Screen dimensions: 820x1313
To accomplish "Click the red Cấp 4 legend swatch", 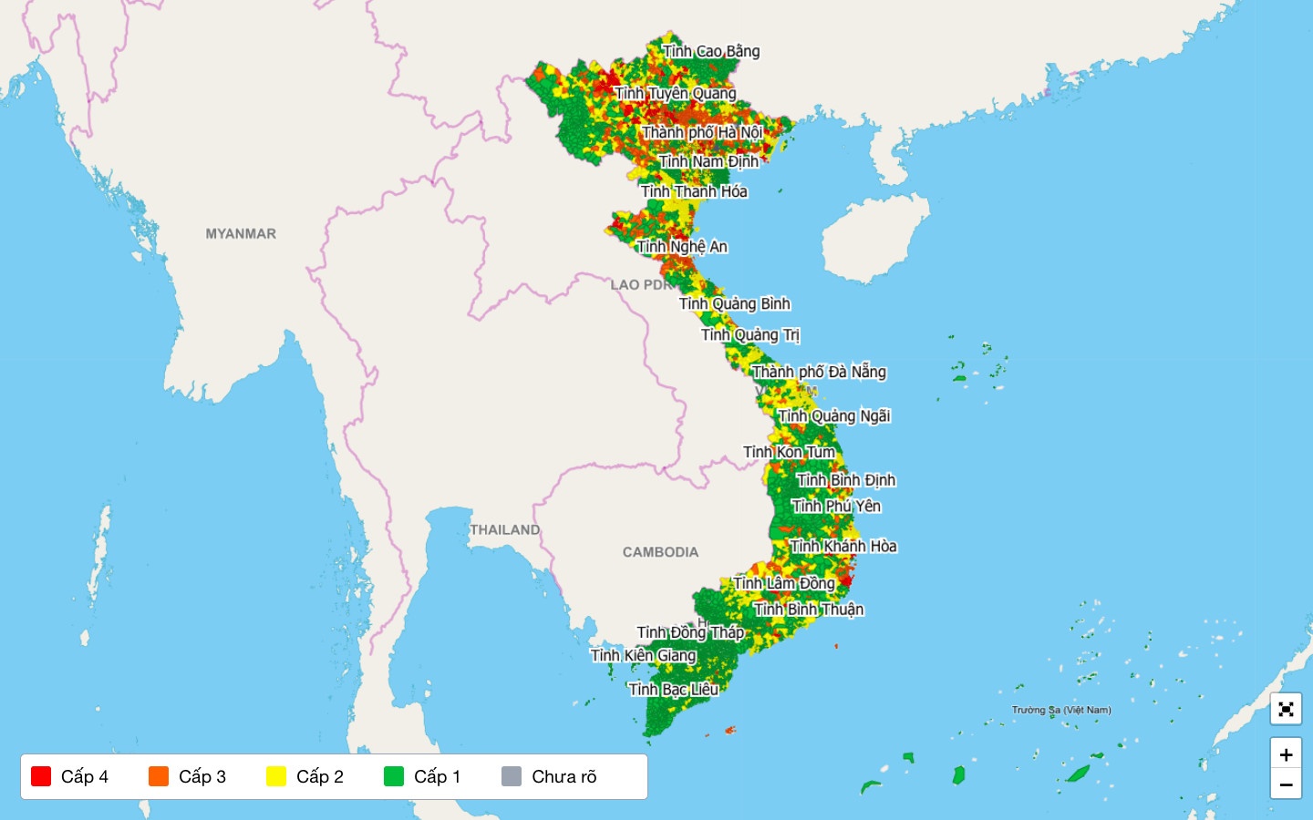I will [x=40, y=776].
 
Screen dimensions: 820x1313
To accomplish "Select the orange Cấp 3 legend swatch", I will [x=159, y=776].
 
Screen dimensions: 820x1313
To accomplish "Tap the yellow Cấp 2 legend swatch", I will [x=275, y=776].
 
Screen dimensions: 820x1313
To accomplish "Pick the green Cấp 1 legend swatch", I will [x=394, y=776].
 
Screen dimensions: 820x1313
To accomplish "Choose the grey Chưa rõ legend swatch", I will [x=512, y=776].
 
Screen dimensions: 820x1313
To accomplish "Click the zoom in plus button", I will [x=1286, y=754].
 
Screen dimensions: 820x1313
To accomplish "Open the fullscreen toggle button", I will [x=1286, y=709].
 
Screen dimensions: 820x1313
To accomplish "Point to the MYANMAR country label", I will [x=241, y=233].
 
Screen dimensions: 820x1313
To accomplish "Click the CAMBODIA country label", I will [x=660, y=552].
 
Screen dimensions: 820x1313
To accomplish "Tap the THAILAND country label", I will [x=505, y=529].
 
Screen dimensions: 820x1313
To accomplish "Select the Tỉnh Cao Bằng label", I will [x=711, y=51].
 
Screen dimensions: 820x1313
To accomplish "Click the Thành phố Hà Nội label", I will [x=702, y=132].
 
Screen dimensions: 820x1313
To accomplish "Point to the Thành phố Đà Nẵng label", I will [x=819, y=372].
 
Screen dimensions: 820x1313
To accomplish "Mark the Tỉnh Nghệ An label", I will [x=682, y=246].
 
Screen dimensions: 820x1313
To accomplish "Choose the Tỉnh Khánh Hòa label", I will [x=843, y=547].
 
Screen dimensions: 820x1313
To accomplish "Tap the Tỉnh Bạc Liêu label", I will [x=674, y=689].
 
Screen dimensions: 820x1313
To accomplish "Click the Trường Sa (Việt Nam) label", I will [x=1061, y=710].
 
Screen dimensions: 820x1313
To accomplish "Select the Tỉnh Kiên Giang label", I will [x=644, y=655].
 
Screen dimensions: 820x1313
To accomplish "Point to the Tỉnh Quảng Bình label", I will [x=735, y=303].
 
